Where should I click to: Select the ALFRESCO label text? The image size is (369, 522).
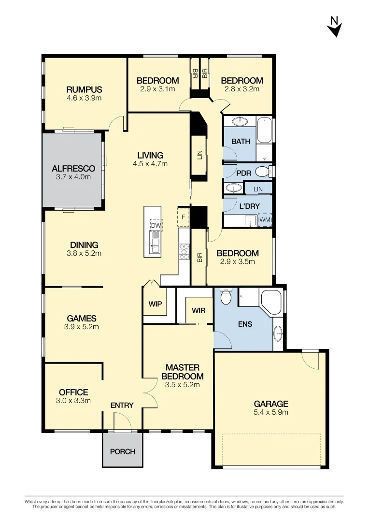73,169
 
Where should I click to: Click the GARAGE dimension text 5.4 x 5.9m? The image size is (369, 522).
271,412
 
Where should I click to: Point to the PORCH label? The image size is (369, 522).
123,451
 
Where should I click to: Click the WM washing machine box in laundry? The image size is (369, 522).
265,220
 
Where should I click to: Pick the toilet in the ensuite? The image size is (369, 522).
226,296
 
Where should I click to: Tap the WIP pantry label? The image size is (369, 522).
155,304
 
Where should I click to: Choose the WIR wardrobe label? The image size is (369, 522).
199,310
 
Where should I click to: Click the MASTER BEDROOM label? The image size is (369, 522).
182,372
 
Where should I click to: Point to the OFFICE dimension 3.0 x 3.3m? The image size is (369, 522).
73,401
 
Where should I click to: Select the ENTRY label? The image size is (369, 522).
122,405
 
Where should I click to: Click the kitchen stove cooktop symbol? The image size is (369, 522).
184,250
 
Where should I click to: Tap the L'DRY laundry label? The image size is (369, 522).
249,206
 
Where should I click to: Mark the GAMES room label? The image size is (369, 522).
82,319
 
